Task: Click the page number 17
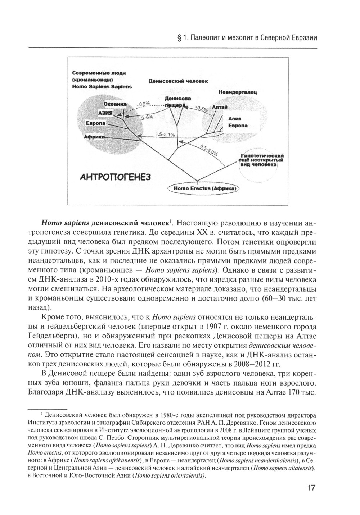(x=311, y=488)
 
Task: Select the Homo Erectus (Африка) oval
(x=204, y=188)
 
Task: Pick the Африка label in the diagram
(x=94, y=137)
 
